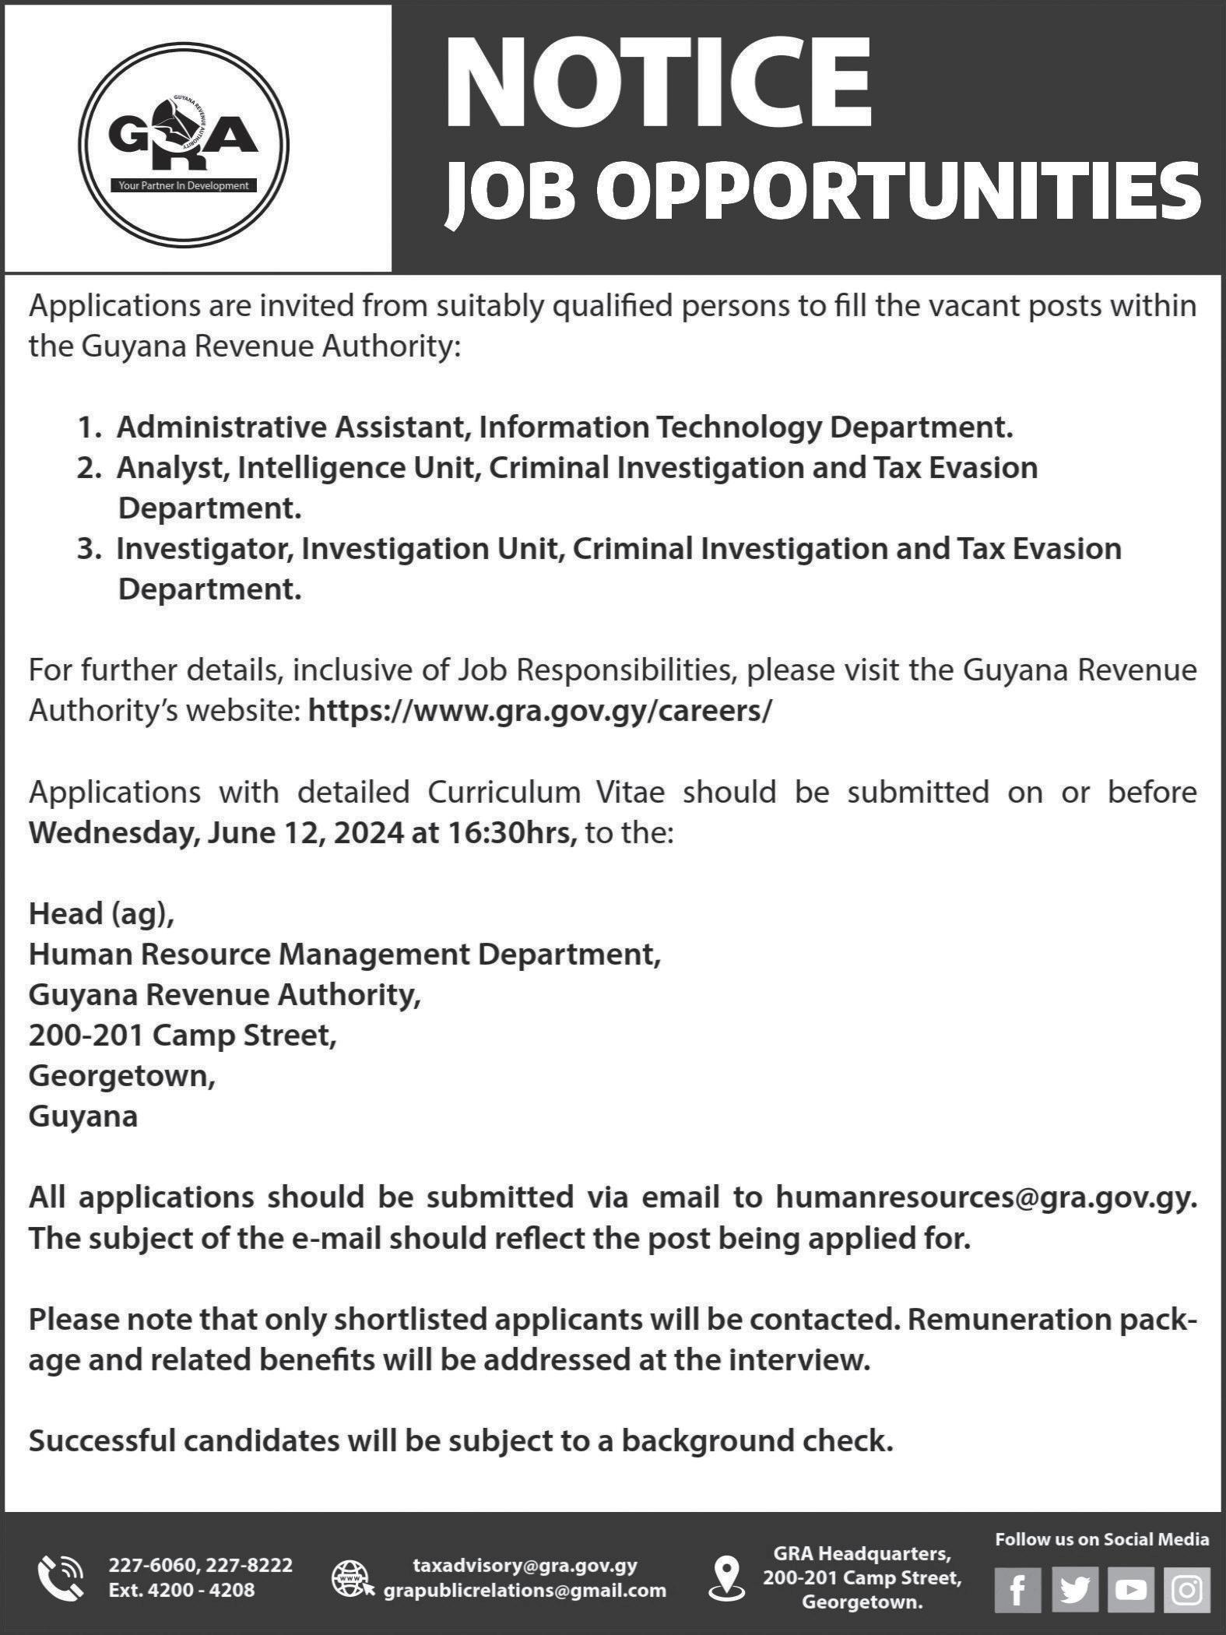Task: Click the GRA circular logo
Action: tap(184, 146)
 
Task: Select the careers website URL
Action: tap(540, 711)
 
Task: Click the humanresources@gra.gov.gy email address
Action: tap(984, 1197)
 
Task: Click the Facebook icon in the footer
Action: tap(1017, 1589)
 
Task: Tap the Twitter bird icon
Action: tap(1074, 1589)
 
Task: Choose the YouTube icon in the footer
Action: tap(1130, 1589)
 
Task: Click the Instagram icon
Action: tap(1187, 1589)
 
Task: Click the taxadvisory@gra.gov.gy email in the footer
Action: tap(525, 1565)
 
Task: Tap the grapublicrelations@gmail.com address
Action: tap(525, 1591)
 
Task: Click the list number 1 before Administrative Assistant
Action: tap(90, 427)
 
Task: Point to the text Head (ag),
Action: tap(102, 914)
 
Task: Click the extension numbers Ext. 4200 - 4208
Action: tap(181, 1590)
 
